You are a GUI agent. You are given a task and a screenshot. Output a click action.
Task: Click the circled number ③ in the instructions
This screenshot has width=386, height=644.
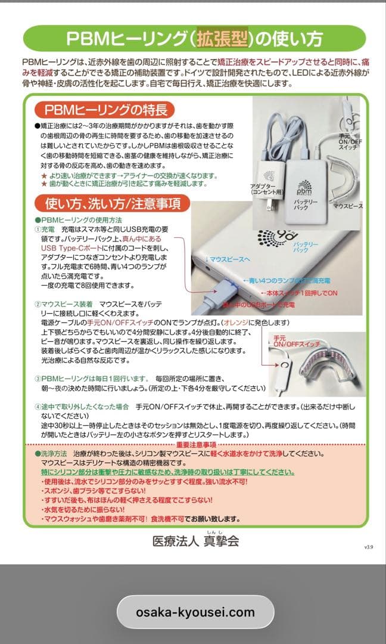(x=37, y=378)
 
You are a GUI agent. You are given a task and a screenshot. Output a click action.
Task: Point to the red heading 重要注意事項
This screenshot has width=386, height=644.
(x=197, y=445)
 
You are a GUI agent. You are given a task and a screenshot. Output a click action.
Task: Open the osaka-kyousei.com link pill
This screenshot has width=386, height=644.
(x=195, y=612)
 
